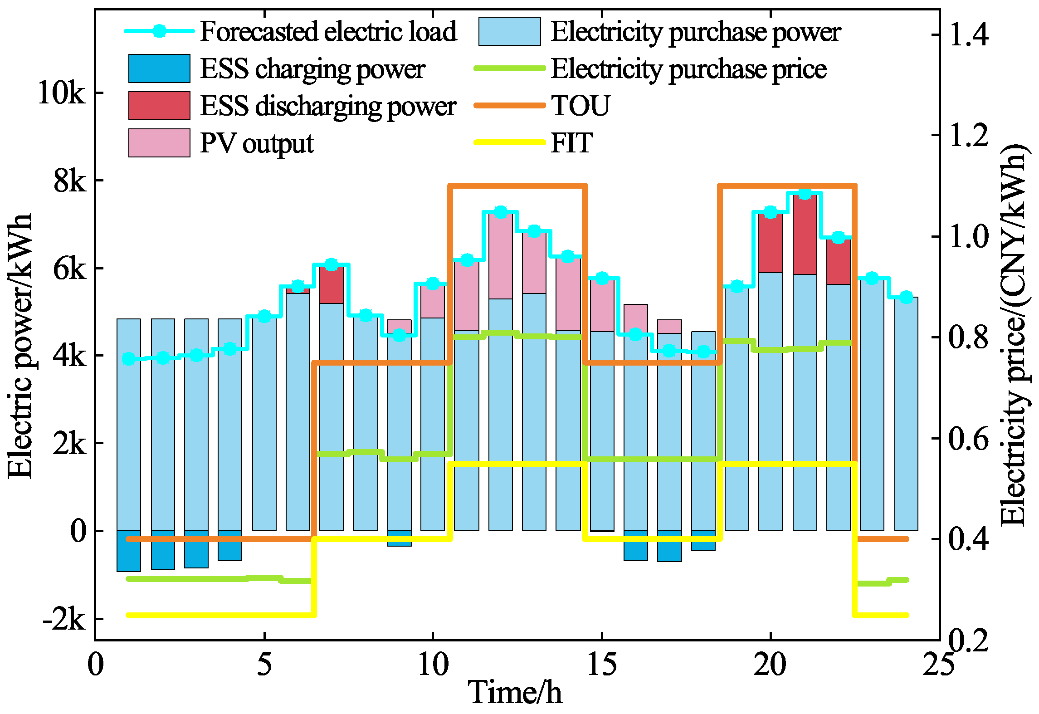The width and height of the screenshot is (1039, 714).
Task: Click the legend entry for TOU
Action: coord(580,106)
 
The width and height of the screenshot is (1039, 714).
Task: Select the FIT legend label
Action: coord(571,143)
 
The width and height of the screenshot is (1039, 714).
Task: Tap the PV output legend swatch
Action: coord(159,143)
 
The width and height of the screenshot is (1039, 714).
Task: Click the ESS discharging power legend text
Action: coord(328,106)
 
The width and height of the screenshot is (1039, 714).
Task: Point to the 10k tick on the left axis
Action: coord(61,93)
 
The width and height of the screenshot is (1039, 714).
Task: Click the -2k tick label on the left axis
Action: coord(64,619)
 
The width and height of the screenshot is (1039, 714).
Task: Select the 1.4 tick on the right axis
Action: coord(968,34)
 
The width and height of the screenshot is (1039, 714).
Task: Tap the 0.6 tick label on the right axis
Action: coord(968,439)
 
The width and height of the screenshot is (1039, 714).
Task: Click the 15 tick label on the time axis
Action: coord(602,665)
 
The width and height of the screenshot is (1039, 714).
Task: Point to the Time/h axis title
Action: coord(515,693)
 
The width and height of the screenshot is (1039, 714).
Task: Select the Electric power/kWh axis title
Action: coord(20,346)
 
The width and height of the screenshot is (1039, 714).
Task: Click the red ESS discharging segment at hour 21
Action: coord(805,235)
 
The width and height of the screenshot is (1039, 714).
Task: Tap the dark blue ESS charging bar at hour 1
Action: coord(129,551)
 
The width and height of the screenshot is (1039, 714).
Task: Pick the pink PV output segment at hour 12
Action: coord(500,256)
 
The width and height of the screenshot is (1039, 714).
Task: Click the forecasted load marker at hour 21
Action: coord(805,194)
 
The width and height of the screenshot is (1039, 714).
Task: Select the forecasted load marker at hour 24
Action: coord(906,297)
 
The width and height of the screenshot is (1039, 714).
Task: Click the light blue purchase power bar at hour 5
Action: coord(264,424)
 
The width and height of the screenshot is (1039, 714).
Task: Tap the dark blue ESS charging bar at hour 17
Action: coord(669,546)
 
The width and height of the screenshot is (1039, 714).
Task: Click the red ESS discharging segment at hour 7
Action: coord(332,285)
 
